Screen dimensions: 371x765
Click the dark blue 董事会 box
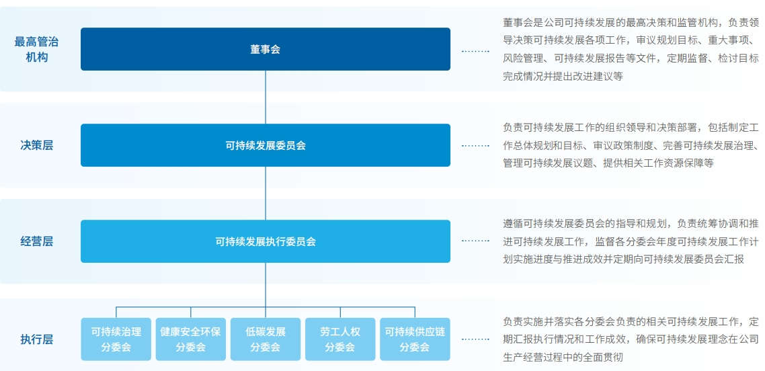pyautogui.click(x=266, y=49)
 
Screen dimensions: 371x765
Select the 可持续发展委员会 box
pyautogui.click(x=266, y=145)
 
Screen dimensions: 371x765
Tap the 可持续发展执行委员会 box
pyautogui.click(x=266, y=241)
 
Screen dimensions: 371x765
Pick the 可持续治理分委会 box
pyautogui.click(x=116, y=339)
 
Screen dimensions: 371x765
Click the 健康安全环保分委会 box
pyautogui.click(x=190, y=339)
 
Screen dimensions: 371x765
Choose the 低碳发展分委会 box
pyautogui.click(x=266, y=339)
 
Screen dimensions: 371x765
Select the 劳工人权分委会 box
pyautogui.click(x=340, y=339)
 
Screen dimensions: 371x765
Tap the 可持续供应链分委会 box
pyautogui.click(x=415, y=339)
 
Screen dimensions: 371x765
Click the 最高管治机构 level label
pyautogui.click(x=36, y=50)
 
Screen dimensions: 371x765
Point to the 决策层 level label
pyautogui.click(x=36, y=145)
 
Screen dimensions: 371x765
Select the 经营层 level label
pyautogui.click(x=36, y=241)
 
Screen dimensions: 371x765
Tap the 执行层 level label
pyautogui.click(x=36, y=339)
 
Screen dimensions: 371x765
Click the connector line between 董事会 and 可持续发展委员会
pyautogui.click(x=266, y=97)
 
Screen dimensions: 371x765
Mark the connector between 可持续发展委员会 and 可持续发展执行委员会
pyautogui.click(x=266, y=193)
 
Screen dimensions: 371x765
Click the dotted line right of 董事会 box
pyautogui.click(x=476, y=51)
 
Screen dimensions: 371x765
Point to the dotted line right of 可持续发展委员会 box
pyautogui.click(x=476, y=145)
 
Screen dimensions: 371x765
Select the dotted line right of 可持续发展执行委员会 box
pyautogui.click(x=476, y=241)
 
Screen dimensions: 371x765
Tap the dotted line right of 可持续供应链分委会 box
pyautogui.click(x=476, y=339)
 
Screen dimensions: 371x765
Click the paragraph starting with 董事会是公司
pyautogui.click(x=631, y=50)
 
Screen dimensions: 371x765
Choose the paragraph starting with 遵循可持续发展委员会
pyautogui.click(x=631, y=241)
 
